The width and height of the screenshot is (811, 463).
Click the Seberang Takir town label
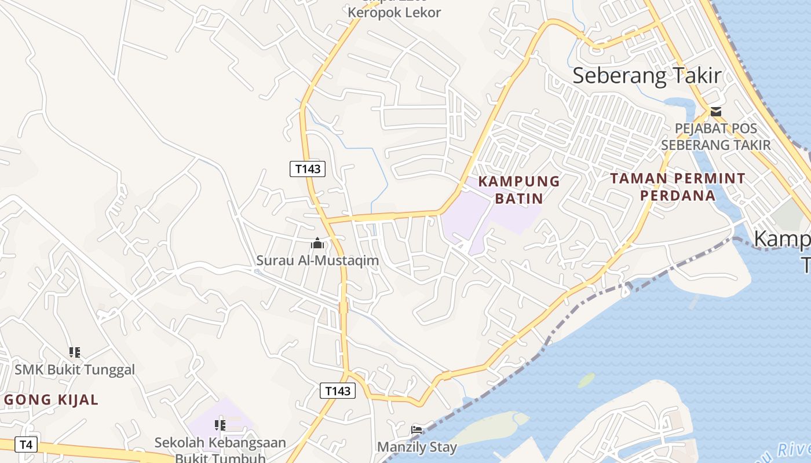coord(647,76)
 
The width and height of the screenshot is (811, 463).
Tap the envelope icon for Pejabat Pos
coord(716,111)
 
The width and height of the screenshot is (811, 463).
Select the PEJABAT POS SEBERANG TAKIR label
coord(716,137)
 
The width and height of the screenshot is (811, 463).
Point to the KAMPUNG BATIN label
coord(519,190)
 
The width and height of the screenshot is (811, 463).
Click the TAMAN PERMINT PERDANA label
coord(678,186)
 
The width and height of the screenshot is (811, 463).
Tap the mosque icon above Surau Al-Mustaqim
coord(317,244)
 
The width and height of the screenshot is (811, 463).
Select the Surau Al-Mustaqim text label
coord(317,260)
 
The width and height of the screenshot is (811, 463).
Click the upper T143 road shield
coord(307,169)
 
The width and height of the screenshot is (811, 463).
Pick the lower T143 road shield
coord(338,391)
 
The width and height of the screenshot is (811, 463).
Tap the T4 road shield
coord(25,444)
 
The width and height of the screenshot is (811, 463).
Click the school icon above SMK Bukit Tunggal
coord(74,352)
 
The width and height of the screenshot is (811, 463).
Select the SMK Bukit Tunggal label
coord(75,369)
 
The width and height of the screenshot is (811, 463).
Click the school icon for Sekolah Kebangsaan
coord(220,426)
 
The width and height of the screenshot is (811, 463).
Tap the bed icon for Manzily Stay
coord(417,429)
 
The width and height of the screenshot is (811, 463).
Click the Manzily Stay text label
coord(417,447)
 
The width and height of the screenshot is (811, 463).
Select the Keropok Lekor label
coord(394,12)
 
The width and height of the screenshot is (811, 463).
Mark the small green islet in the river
coord(586,380)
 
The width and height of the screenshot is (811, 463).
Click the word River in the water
coord(791,450)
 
